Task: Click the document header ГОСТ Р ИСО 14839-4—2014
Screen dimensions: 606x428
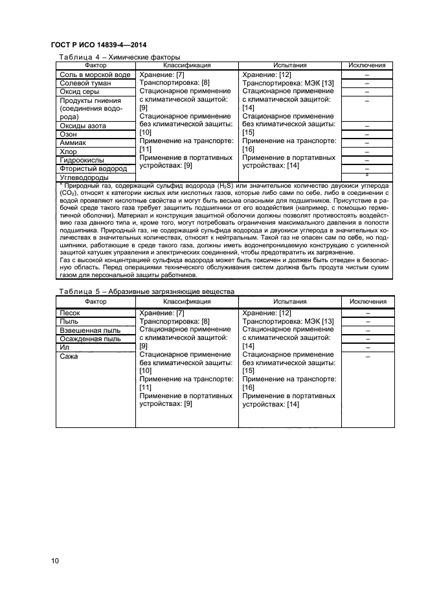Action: (x=98, y=45)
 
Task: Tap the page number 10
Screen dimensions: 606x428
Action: (x=54, y=560)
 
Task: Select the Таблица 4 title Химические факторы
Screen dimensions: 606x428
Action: (x=119, y=57)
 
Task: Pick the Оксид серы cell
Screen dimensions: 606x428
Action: (x=81, y=93)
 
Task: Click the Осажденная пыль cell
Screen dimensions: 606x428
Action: (x=90, y=339)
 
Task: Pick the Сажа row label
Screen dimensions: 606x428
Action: (x=69, y=357)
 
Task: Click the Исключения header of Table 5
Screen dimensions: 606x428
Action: (x=367, y=302)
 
